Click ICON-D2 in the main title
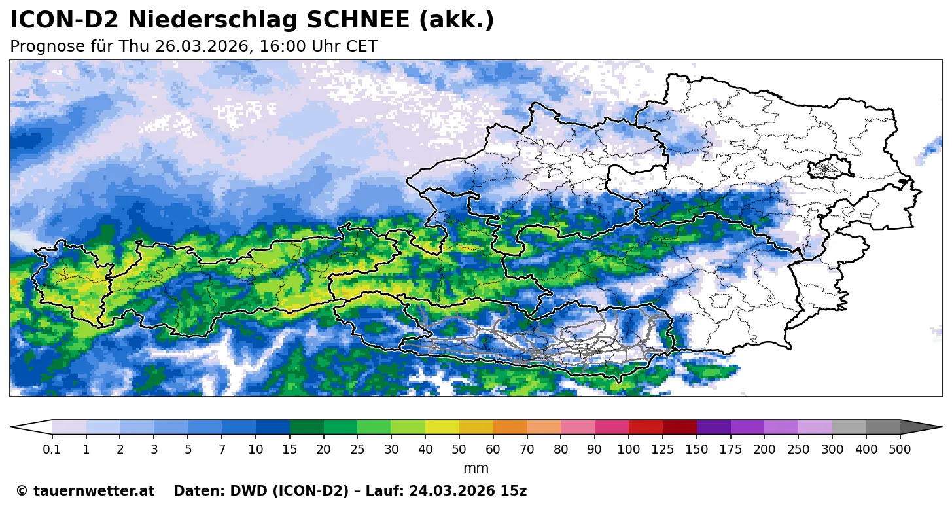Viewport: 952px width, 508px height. point(64,21)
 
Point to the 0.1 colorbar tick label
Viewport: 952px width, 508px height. point(52,450)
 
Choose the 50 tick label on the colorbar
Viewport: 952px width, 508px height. point(459,450)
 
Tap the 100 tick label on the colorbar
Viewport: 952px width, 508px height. point(629,450)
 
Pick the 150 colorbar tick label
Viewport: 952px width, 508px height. point(697,450)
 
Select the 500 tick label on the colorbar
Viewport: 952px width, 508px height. point(900,450)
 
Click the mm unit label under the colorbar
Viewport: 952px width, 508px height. point(476,469)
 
